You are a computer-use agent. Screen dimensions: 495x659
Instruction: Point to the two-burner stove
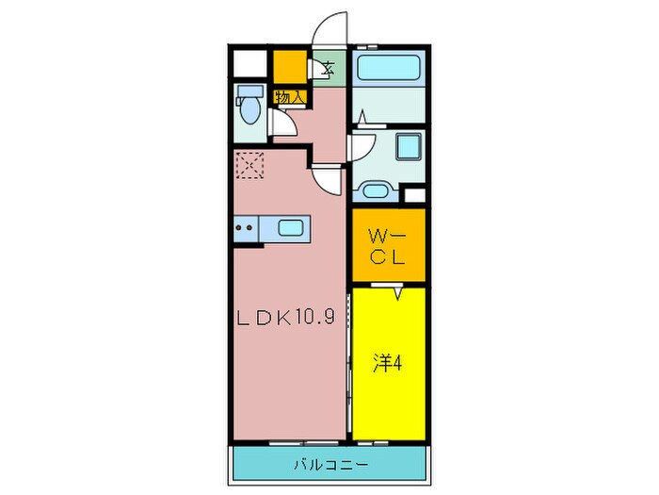[x=246, y=227]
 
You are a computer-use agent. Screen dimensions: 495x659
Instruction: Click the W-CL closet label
[x=387, y=246]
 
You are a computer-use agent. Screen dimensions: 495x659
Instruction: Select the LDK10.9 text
[x=285, y=317]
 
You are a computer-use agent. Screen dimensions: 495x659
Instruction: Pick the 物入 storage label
[x=289, y=96]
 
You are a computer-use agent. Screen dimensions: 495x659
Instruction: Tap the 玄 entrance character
[x=329, y=68]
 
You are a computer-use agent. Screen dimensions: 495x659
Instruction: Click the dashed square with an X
[x=250, y=167]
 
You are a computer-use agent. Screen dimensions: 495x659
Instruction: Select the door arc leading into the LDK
[x=328, y=178]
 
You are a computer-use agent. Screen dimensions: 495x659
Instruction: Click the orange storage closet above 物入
[x=290, y=67]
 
